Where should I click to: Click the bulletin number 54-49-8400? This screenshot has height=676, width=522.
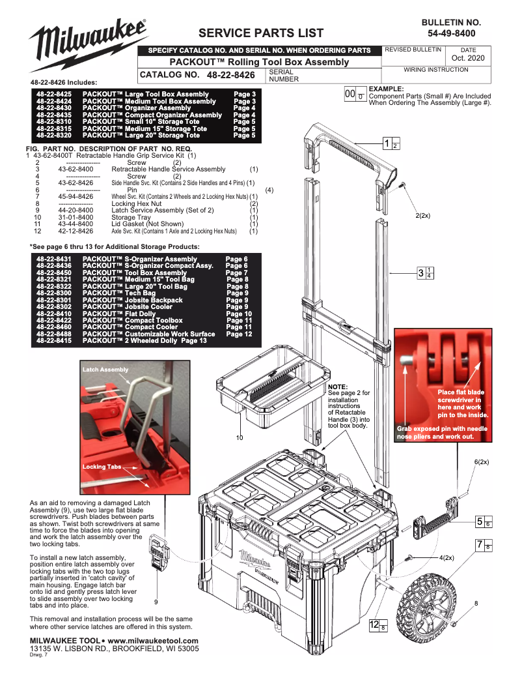pos(451,33)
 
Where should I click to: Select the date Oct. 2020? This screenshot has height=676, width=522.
pos(468,58)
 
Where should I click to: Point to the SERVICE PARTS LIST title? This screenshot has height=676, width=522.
pos(261,33)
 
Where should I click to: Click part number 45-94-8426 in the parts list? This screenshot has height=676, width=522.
pos(76,196)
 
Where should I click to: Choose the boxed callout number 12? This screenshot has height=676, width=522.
pos(374,625)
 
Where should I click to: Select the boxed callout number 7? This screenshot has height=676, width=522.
pos(479,544)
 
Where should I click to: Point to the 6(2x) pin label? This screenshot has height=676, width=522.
pos(482,462)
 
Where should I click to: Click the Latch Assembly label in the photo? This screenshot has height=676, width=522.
pos(105,370)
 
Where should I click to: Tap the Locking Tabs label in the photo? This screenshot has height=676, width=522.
pos(102,467)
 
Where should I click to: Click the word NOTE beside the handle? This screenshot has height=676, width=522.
pos(338,387)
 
